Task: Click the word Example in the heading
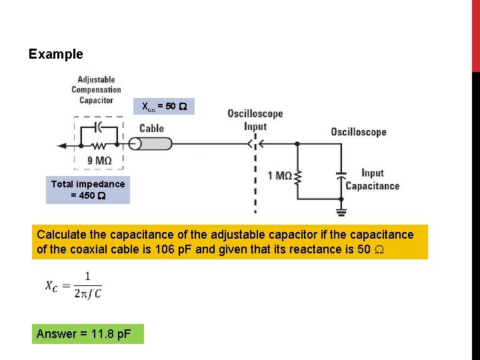pos(56,54)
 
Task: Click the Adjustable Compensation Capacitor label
pos(96,90)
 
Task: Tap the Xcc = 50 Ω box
pos(164,107)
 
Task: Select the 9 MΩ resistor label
pos(99,161)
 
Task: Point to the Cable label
pos(151,129)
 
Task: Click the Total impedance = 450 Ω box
pos(88,190)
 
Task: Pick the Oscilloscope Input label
pos(255,120)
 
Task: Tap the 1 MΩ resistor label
pos(279,176)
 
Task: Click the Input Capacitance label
pos(372,180)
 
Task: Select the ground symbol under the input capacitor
pos(341,212)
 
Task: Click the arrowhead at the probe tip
pos(62,145)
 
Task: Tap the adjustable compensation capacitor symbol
pos(99,126)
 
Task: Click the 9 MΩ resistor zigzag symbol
pos(99,144)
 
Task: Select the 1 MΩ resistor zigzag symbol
pos(298,177)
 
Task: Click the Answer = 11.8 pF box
pos(87,333)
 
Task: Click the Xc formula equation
pos(73,285)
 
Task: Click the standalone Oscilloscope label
pos(358,132)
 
